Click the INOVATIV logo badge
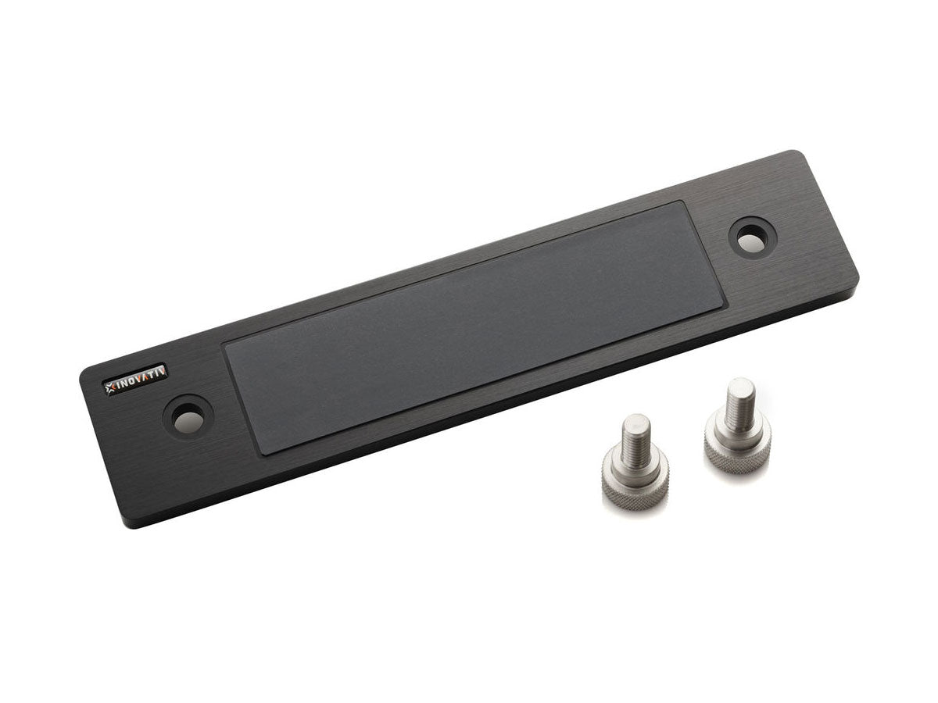click(x=136, y=380)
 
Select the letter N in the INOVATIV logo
click(x=125, y=383)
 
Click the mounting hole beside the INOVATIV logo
click(x=188, y=416)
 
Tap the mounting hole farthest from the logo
click(x=753, y=237)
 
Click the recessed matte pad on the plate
click(x=474, y=327)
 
